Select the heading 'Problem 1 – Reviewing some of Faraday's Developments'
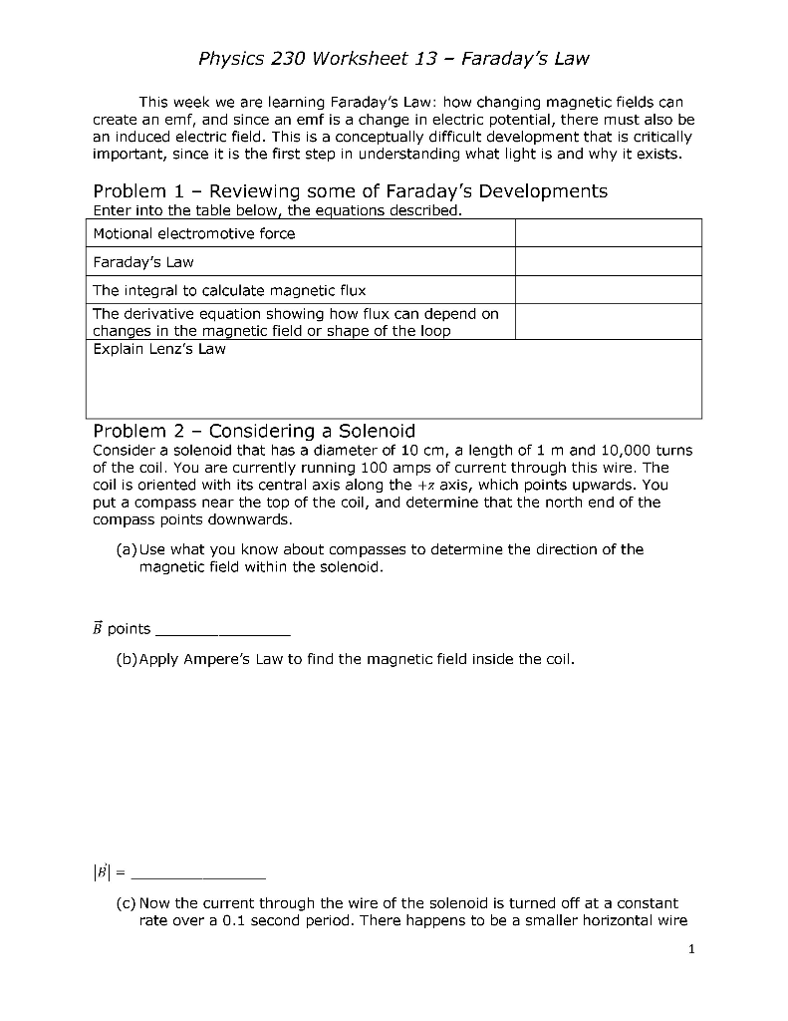click(350, 190)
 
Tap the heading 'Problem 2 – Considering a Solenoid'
click(254, 431)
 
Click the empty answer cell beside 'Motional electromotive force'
click(609, 233)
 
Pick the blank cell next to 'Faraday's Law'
click(609, 262)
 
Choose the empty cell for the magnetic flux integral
click(609, 290)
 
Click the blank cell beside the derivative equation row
click(609, 321)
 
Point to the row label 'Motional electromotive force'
click(194, 233)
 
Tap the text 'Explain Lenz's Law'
click(159, 349)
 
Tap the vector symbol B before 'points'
click(98, 628)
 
